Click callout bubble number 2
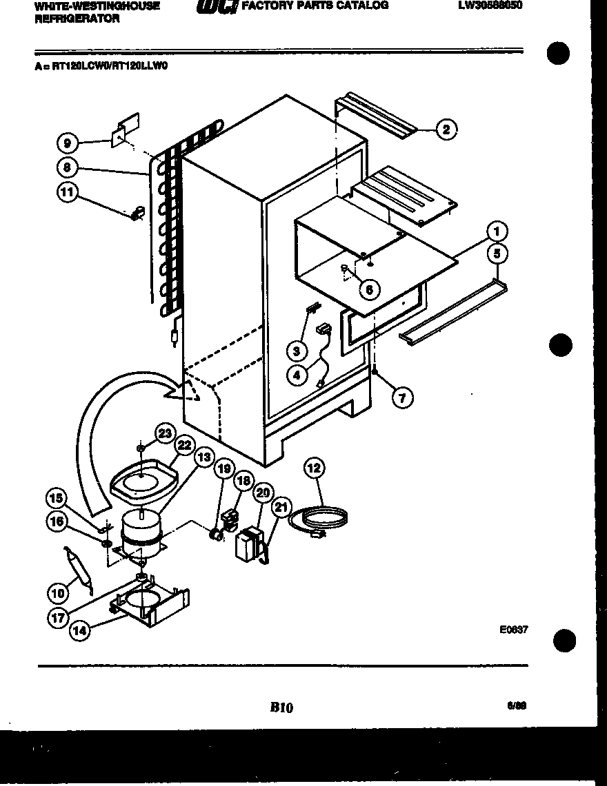pyautogui.click(x=446, y=129)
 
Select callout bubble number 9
pyautogui.click(x=66, y=143)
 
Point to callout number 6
pyautogui.click(x=369, y=289)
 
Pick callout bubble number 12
pyautogui.click(x=314, y=468)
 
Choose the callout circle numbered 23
pyautogui.click(x=164, y=433)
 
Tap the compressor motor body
pyautogui.click(x=141, y=532)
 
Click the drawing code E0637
pyautogui.click(x=514, y=629)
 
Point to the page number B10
pyautogui.click(x=281, y=707)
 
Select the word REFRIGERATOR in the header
pyautogui.click(x=77, y=19)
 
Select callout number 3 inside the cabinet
pyautogui.click(x=297, y=351)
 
